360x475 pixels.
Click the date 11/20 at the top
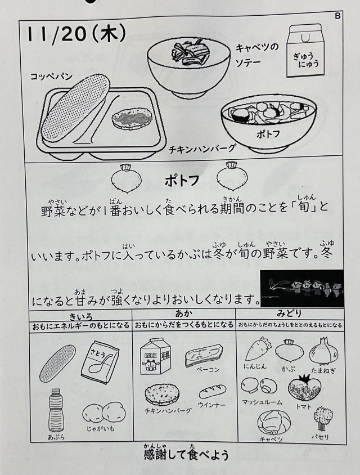tap(57, 34)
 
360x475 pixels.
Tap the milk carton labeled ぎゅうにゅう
tap(304, 51)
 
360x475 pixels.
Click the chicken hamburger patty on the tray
tap(131, 119)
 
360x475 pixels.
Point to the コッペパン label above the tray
tap(52, 76)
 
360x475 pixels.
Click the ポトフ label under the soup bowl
tap(268, 133)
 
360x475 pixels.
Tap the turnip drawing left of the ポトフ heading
tap(126, 179)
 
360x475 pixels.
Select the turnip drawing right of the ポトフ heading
tap(232, 177)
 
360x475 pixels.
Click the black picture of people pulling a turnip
tap(302, 288)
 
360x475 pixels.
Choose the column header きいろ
tap(81, 317)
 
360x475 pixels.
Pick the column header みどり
tap(289, 313)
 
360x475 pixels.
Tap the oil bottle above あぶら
tap(56, 410)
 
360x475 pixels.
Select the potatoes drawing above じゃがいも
tap(104, 412)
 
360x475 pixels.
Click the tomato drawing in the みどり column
tap(304, 387)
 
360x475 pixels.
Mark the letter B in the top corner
tap(338, 16)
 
